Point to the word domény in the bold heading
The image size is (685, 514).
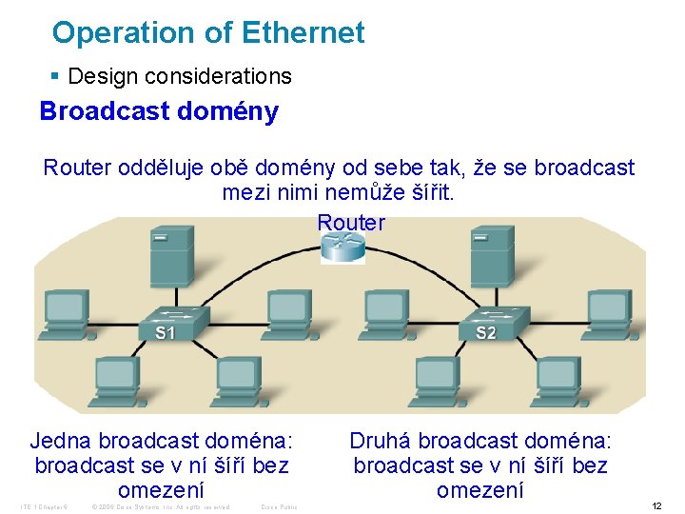click(x=228, y=111)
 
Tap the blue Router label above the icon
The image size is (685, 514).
click(x=351, y=223)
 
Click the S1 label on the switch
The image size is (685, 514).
click(x=166, y=332)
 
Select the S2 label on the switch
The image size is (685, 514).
click(x=485, y=332)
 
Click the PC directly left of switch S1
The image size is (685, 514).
click(x=67, y=308)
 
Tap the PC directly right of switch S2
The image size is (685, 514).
click(x=611, y=308)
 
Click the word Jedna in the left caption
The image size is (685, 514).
click(x=61, y=441)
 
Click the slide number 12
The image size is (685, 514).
click(x=656, y=505)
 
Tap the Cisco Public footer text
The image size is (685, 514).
click(x=279, y=506)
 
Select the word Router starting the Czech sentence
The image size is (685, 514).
click(x=77, y=168)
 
